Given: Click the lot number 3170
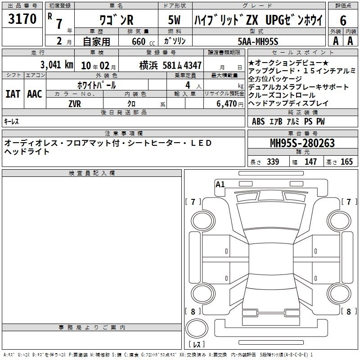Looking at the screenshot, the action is (x=22, y=19).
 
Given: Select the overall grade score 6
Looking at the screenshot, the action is (x=343, y=21).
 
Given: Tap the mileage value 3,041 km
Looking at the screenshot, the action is (x=57, y=65).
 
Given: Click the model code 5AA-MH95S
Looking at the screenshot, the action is (x=258, y=41).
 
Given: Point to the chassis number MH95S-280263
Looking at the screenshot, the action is (x=302, y=143).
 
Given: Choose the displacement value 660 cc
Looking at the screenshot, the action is (x=143, y=42).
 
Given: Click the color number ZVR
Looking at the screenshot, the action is (x=75, y=104).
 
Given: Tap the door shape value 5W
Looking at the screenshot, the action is (x=174, y=20).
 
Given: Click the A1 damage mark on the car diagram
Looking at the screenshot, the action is (x=220, y=184).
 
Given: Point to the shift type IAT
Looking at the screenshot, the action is (x=13, y=94).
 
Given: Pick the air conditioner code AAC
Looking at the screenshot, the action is (x=35, y=94).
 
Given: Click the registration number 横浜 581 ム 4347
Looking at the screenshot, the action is (x=171, y=65).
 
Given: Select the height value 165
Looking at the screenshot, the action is (x=346, y=162).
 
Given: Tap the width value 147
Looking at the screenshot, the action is (x=310, y=162).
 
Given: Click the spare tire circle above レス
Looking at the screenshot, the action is (x=197, y=328).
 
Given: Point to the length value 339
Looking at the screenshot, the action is (x=273, y=162).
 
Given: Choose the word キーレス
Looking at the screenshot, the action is (x=11, y=121).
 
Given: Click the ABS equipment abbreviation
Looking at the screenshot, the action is (x=258, y=121).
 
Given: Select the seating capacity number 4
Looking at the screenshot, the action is (x=188, y=85).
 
